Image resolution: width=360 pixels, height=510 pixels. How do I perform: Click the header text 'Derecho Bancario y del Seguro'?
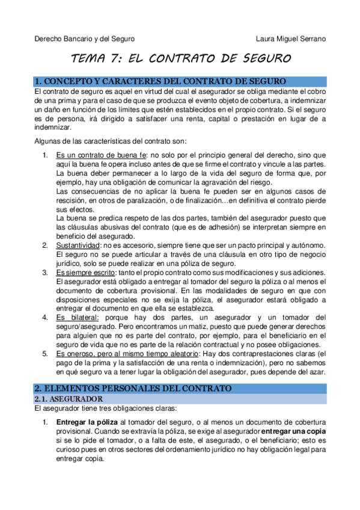pyautogui.click(x=84, y=39)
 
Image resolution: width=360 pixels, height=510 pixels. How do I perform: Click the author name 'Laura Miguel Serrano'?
pyautogui.click(x=291, y=39)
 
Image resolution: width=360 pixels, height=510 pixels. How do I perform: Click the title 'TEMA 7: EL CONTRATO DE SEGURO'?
pyautogui.click(x=181, y=59)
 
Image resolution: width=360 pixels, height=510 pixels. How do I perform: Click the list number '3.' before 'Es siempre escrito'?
pyautogui.click(x=46, y=272)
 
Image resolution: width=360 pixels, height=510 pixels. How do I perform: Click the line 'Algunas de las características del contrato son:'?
pyautogui.click(x=111, y=141)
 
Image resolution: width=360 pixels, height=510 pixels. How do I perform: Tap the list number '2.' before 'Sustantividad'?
pyautogui.click(x=46, y=245)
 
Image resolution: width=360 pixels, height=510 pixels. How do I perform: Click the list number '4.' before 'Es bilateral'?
pyautogui.click(x=46, y=317)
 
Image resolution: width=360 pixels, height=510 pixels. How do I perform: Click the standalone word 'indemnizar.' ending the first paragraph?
pyautogui.click(x=52, y=127)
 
